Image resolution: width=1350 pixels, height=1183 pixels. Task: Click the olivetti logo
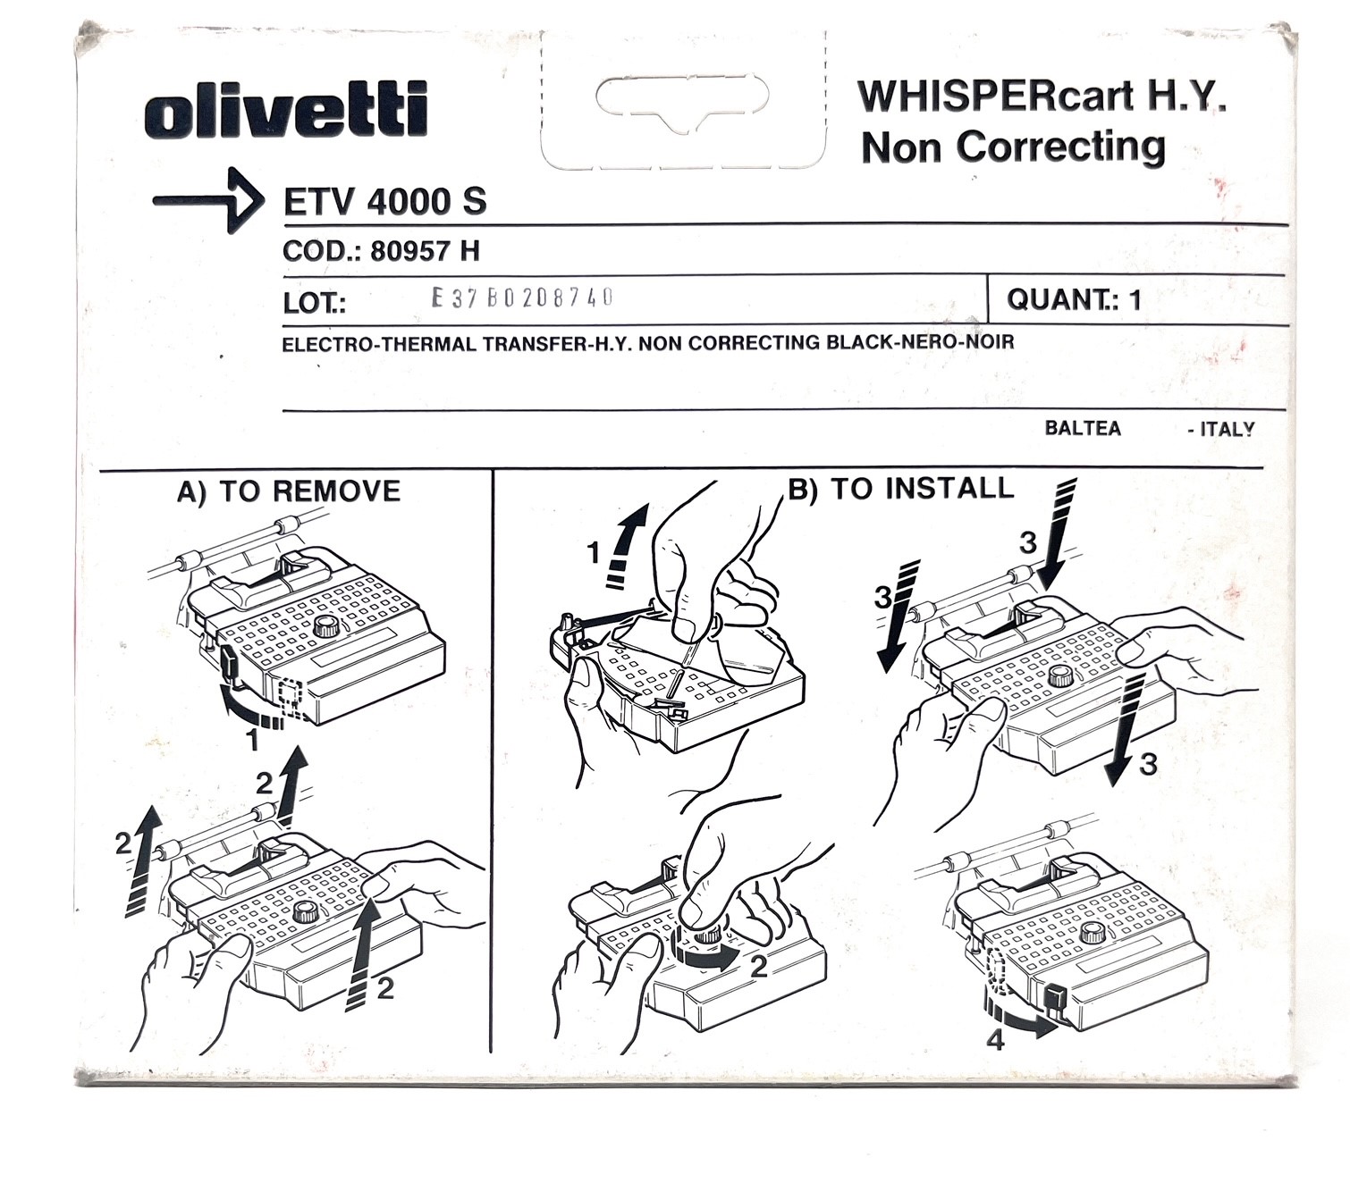coord(286,110)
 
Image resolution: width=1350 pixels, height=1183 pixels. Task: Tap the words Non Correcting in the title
coord(1013,147)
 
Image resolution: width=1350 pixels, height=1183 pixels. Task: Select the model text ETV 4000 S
coord(384,202)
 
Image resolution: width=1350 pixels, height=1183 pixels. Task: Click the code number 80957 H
coord(425,251)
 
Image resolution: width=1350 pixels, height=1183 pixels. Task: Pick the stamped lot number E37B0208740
coord(522,298)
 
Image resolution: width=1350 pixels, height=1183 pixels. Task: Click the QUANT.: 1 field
coord(1074,299)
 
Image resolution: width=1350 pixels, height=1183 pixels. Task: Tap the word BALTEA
coord(1082,428)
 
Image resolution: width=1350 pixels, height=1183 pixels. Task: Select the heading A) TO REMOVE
coord(288,491)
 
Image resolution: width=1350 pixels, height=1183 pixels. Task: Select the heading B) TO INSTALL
coord(900,488)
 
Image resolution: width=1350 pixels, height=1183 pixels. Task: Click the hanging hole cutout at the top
coord(682,98)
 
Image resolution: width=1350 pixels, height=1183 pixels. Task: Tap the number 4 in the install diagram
coord(995,1039)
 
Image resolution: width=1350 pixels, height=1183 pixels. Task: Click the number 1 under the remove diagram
coord(253,739)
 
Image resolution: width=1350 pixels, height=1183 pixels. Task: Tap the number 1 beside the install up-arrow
coord(594,554)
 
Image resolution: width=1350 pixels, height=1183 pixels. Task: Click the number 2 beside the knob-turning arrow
coord(759,967)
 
